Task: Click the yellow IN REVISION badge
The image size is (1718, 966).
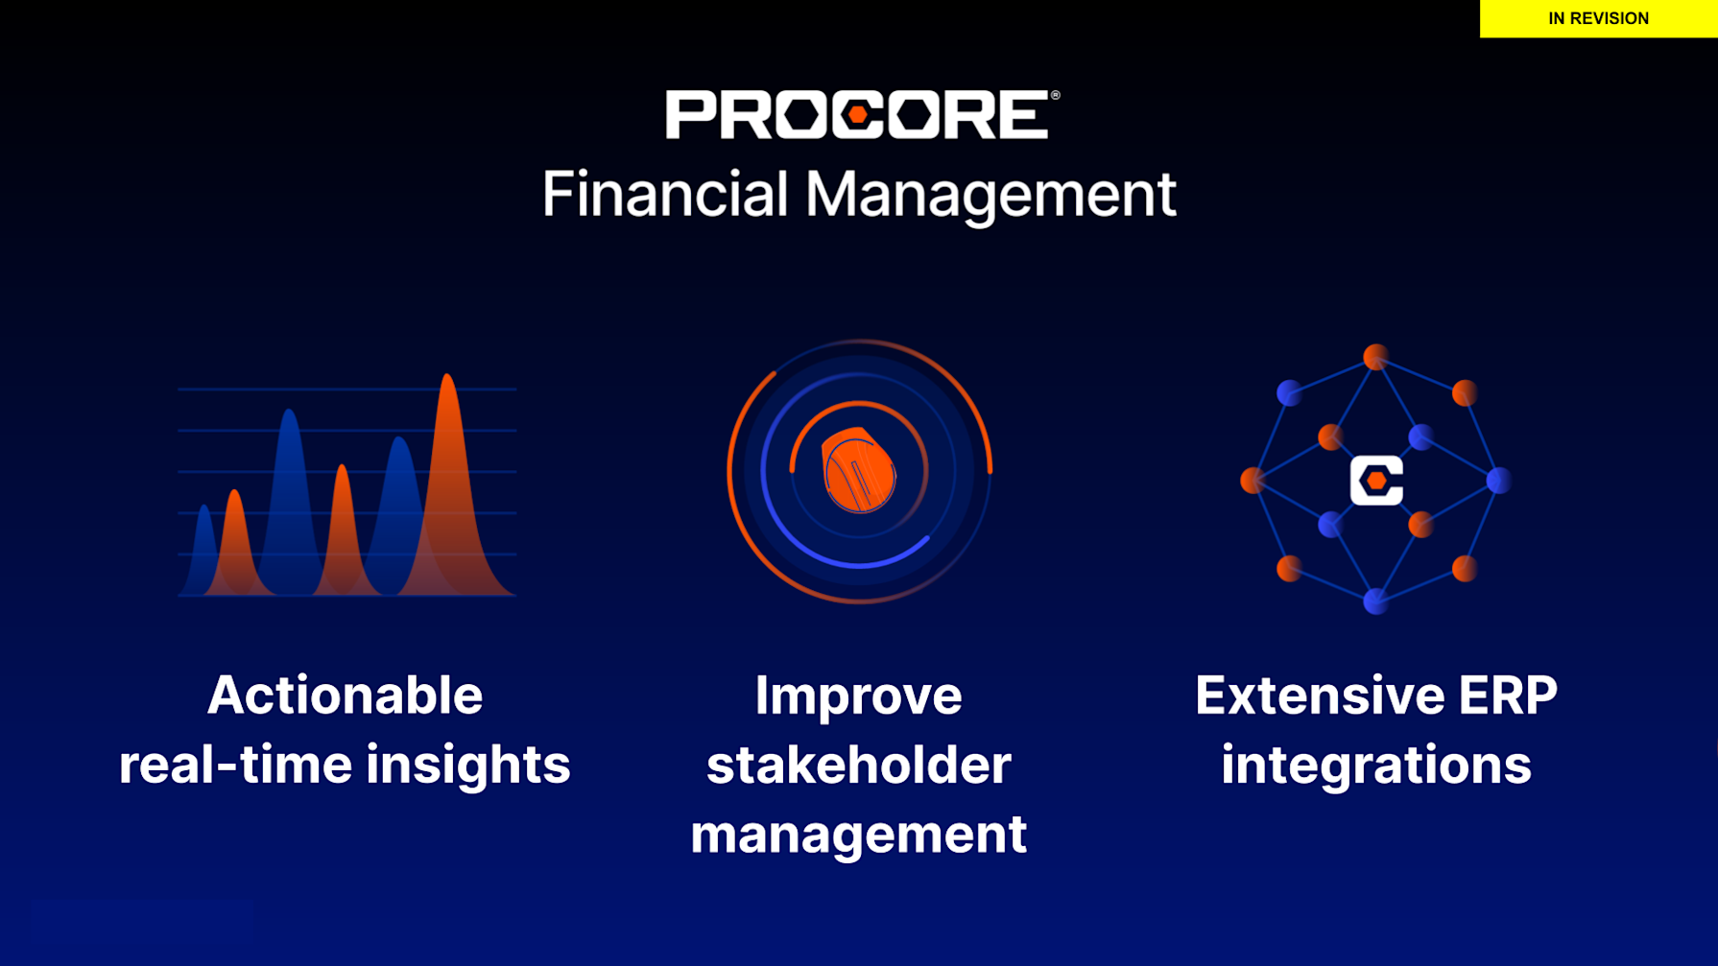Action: pyautogui.click(x=1598, y=18)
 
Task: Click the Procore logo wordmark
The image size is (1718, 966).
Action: pyautogui.click(x=862, y=115)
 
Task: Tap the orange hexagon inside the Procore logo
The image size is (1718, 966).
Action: pyautogui.click(x=858, y=115)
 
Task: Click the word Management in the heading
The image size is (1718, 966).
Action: pyautogui.click(x=990, y=196)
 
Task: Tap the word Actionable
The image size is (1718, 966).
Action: pyautogui.click(x=345, y=695)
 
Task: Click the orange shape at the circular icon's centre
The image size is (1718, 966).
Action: pyautogui.click(x=859, y=470)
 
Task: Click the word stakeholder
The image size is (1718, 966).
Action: pyautogui.click(x=858, y=765)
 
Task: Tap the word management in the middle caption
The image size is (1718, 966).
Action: pyautogui.click(x=858, y=836)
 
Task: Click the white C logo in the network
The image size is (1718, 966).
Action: pyautogui.click(x=1376, y=481)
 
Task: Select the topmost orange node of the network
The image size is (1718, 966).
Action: pyautogui.click(x=1375, y=357)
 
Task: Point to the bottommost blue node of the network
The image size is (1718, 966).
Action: pyautogui.click(x=1375, y=601)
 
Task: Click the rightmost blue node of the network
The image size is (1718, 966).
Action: pyautogui.click(x=1498, y=481)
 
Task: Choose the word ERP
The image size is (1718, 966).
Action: pyautogui.click(x=1508, y=695)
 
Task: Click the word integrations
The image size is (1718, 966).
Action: pyautogui.click(x=1376, y=766)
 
